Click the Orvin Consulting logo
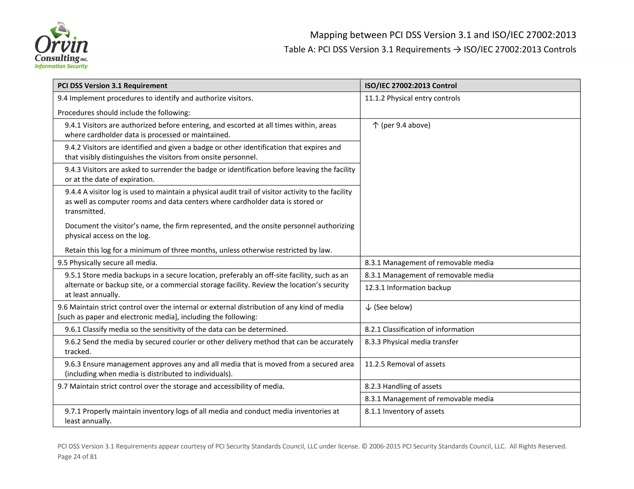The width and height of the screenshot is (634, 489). [x=61, y=46]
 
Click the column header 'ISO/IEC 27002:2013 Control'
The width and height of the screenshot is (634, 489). [x=410, y=86]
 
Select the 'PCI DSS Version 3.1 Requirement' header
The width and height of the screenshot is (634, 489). [x=112, y=86]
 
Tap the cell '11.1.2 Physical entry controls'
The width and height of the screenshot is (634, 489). [x=412, y=98]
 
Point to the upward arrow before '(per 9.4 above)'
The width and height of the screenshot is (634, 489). [x=376, y=125]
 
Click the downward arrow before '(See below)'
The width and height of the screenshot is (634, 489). [x=368, y=307]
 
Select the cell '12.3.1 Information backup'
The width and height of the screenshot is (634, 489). [x=408, y=288]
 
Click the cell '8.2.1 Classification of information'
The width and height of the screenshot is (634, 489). [x=419, y=330]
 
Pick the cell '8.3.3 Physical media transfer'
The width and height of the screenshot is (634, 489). [x=411, y=342]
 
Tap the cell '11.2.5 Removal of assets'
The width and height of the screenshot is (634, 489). [x=405, y=364]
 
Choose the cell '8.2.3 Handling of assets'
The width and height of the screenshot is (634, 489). [x=403, y=386]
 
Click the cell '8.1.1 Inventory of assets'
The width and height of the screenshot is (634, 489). [x=404, y=411]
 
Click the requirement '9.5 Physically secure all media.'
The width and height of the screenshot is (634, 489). [x=107, y=263]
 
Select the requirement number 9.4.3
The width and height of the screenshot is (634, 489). [x=73, y=170]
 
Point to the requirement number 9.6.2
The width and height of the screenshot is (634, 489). [x=73, y=342]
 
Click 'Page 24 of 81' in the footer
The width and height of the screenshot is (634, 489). [x=77, y=457]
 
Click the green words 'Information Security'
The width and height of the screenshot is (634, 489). [x=61, y=66]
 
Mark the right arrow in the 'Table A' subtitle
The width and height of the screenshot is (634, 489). [x=457, y=49]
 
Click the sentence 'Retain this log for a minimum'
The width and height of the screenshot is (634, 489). [x=198, y=250]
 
